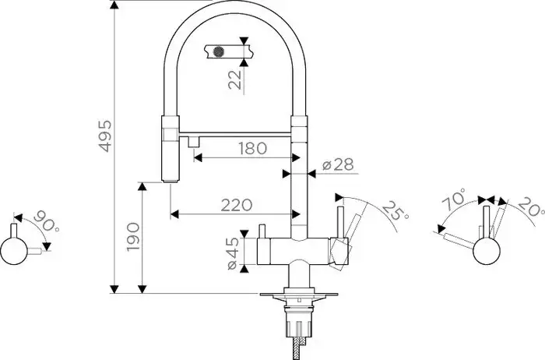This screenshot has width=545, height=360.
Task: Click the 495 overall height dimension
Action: [106, 137]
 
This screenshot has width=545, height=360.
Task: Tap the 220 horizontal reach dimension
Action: [236, 205]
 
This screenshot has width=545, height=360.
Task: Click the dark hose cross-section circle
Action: [219, 52]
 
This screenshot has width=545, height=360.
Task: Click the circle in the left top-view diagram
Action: [15, 251]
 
